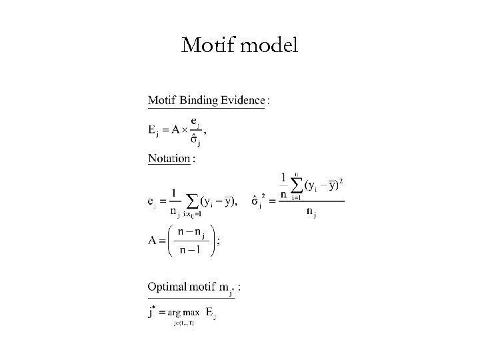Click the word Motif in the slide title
coord(203,45)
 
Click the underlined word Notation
coord(169,159)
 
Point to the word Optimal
coord(166,287)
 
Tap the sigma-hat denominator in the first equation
coord(195,141)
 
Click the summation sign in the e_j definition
coord(193,200)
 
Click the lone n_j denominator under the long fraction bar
coord(311,213)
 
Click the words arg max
coord(183,312)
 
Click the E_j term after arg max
coord(211,312)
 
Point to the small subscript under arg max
coord(183,323)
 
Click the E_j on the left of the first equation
coord(153,130)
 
